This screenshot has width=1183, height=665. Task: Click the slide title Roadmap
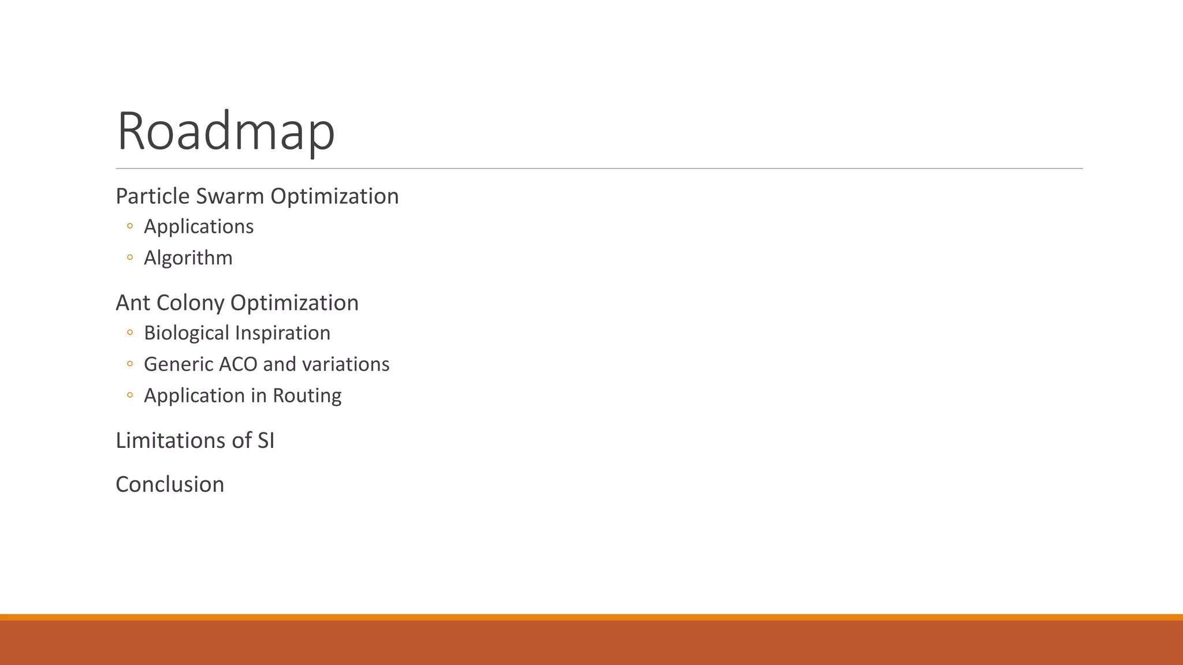225,131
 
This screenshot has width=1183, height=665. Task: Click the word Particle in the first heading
152,196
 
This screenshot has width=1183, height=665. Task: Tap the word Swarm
230,196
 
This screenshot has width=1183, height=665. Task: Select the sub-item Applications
199,227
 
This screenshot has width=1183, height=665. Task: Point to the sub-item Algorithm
188,258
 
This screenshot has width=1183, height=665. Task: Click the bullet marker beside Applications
130,226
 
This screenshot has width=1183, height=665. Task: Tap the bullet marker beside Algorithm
130,257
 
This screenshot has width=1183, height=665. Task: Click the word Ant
132,303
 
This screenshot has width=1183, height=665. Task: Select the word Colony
190,303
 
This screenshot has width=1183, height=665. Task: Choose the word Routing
307,396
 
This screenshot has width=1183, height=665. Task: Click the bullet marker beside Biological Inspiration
130,332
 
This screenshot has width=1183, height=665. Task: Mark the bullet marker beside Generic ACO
130,364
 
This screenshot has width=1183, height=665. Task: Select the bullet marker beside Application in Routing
130,395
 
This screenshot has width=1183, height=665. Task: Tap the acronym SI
266,440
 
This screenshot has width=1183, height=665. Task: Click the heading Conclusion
170,484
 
